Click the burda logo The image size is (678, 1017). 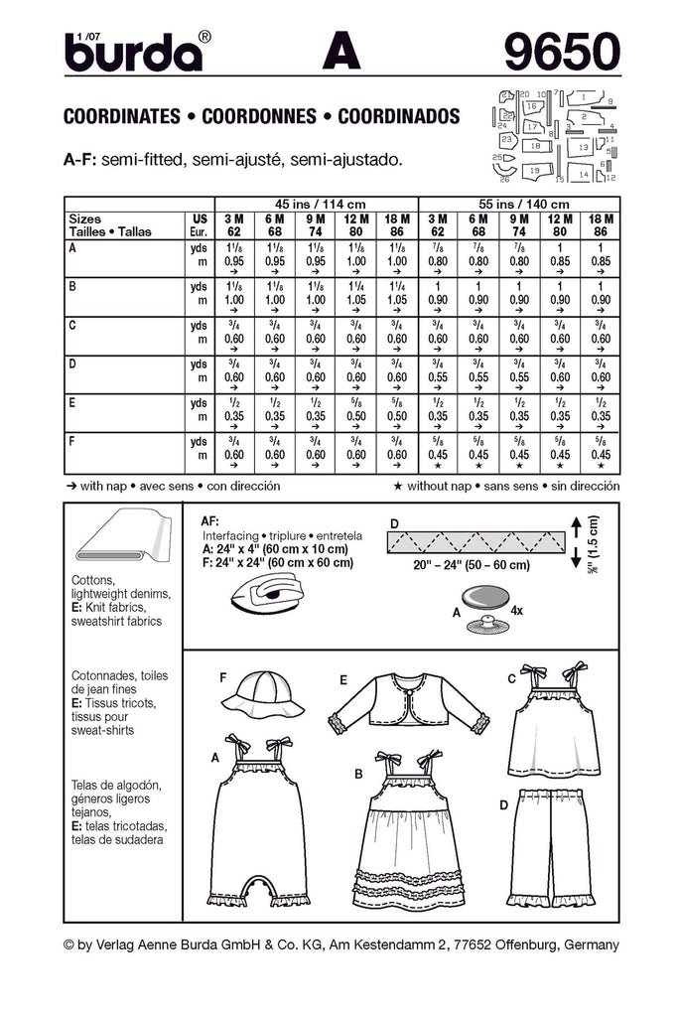pyautogui.click(x=133, y=52)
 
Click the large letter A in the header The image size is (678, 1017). pyautogui.click(x=342, y=52)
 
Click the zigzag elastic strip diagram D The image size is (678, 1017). pyautogui.click(x=476, y=541)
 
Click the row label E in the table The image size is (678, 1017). pyautogui.click(x=70, y=404)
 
